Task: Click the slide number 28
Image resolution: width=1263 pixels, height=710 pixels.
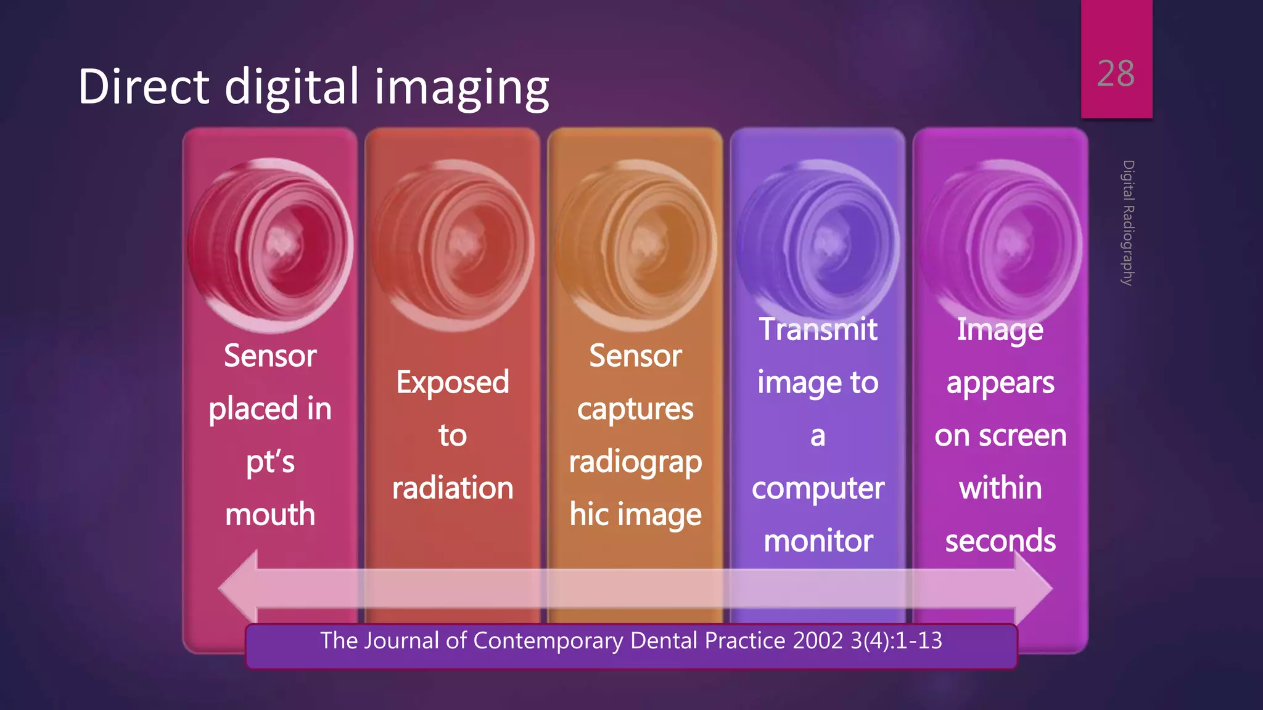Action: point(1115,74)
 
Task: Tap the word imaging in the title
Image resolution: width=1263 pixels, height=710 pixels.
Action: point(462,88)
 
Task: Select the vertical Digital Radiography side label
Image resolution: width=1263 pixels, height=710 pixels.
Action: point(1128,222)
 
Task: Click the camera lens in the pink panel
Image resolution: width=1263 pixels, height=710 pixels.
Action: point(270,245)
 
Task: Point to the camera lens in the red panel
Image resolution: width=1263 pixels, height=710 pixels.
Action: point(453,245)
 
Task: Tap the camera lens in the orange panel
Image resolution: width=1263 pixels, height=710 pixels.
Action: point(636,245)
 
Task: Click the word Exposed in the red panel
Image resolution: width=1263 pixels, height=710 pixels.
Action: point(453,382)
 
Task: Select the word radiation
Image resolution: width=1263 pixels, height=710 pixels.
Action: point(453,488)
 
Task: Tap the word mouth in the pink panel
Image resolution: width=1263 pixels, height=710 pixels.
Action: point(270,514)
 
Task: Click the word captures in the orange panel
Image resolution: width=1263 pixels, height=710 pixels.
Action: point(635,409)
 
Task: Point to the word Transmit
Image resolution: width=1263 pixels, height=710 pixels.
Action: point(818,329)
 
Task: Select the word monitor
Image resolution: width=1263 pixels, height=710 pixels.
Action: point(818,541)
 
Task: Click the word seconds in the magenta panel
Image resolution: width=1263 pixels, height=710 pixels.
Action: point(1000,541)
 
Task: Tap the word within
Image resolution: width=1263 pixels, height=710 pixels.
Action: point(1000,488)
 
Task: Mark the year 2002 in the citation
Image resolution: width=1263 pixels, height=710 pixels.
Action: point(818,641)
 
